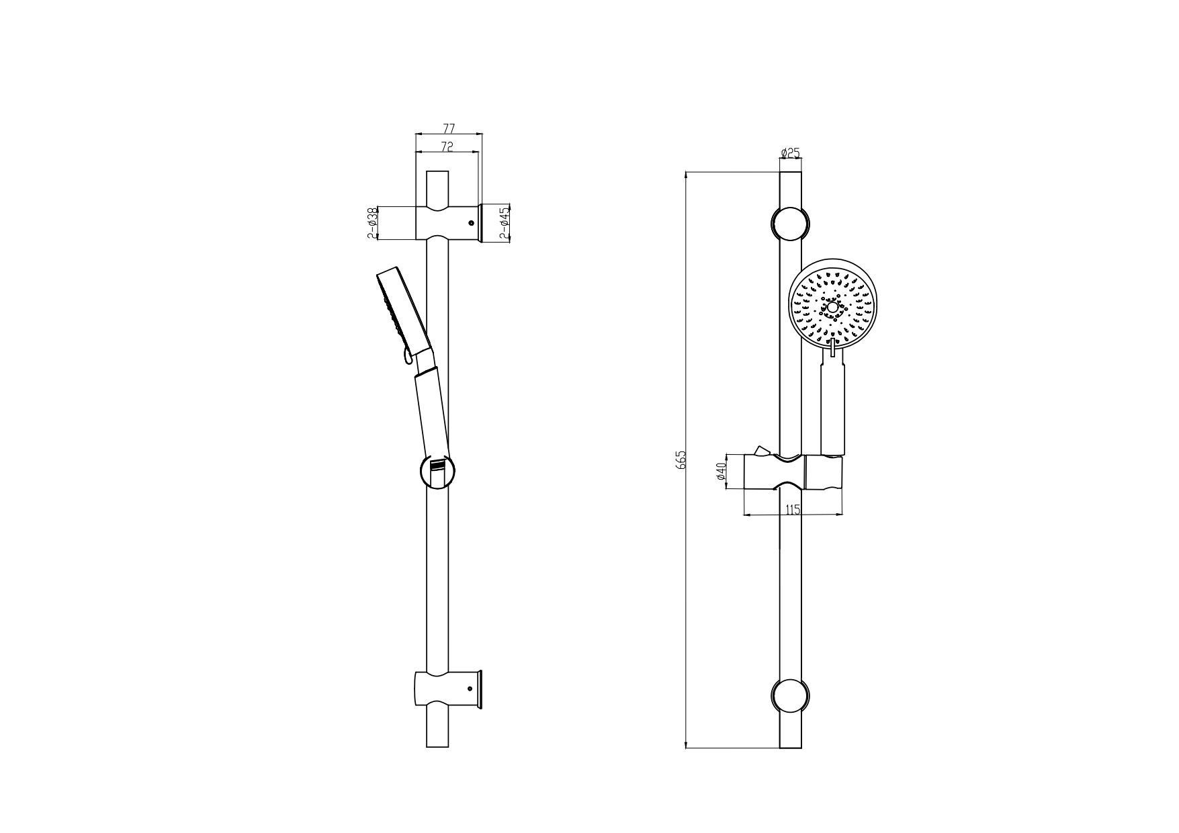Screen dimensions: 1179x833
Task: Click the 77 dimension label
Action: pyautogui.click(x=449, y=128)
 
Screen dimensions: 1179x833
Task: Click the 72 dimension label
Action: pyautogui.click(x=447, y=146)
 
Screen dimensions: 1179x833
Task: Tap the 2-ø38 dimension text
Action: pyautogui.click(x=371, y=223)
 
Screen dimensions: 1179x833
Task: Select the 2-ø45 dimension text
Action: pyautogui.click(x=505, y=223)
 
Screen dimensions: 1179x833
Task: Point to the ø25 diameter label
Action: pyautogui.click(x=790, y=153)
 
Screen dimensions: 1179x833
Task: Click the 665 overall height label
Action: pyautogui.click(x=681, y=459)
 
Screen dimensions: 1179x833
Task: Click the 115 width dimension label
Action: pyautogui.click(x=793, y=509)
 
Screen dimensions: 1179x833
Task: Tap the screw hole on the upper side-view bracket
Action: pyautogui.click(x=471, y=223)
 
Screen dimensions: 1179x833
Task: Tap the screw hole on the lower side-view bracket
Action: pyautogui.click(x=471, y=688)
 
